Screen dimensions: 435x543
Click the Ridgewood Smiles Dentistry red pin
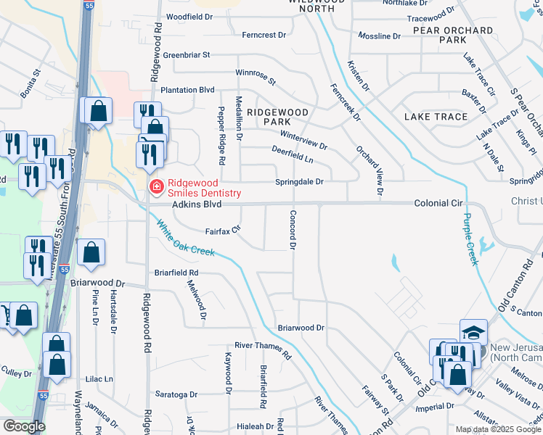pyautogui.click(x=155, y=187)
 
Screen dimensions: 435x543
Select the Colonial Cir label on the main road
pyautogui.click(x=438, y=204)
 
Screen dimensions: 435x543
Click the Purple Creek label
pyautogui.click(x=471, y=239)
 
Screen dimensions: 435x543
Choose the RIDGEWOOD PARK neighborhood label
pyautogui.click(x=277, y=117)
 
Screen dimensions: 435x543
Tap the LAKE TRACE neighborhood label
pyautogui.click(x=436, y=117)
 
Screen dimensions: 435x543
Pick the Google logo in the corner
pyautogui.click(x=23, y=426)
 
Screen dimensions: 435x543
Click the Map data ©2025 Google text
pyautogui.click(x=497, y=429)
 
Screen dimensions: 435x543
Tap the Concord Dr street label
pyautogui.click(x=293, y=231)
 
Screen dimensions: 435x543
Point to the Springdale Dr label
pyautogui.click(x=298, y=181)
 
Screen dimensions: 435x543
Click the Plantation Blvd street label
pyautogui.click(x=187, y=90)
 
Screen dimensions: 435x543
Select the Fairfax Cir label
pyautogui.click(x=223, y=231)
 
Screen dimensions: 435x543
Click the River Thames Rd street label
pyautogui.click(x=262, y=350)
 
